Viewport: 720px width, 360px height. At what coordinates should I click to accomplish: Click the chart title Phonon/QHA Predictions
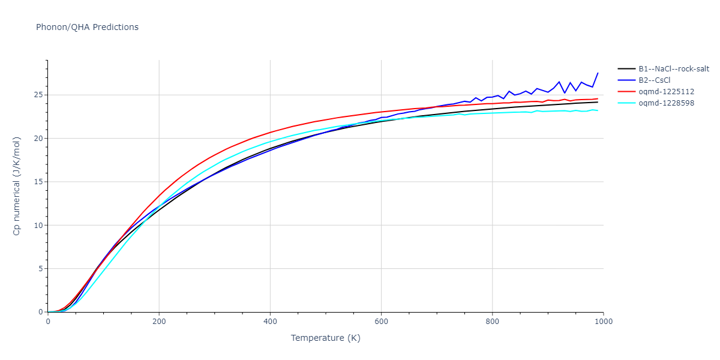click(87, 27)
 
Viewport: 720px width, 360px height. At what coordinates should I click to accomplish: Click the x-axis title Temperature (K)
click(325, 338)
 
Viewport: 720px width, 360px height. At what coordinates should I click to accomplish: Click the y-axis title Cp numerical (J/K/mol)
click(17, 186)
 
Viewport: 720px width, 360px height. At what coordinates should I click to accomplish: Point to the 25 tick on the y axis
click(37, 95)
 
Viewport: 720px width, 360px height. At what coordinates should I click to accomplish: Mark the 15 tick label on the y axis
click(37, 182)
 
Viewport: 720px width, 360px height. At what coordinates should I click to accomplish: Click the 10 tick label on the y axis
click(37, 226)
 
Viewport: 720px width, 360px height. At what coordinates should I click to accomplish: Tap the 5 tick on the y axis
click(40, 269)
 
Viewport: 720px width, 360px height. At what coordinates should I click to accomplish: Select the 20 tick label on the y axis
click(37, 139)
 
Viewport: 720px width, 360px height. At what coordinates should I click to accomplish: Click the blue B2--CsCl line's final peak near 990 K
click(598, 73)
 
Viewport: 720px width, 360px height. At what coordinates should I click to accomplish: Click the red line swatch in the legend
click(626, 92)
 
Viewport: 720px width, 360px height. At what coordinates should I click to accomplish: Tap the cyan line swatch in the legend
click(626, 103)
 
